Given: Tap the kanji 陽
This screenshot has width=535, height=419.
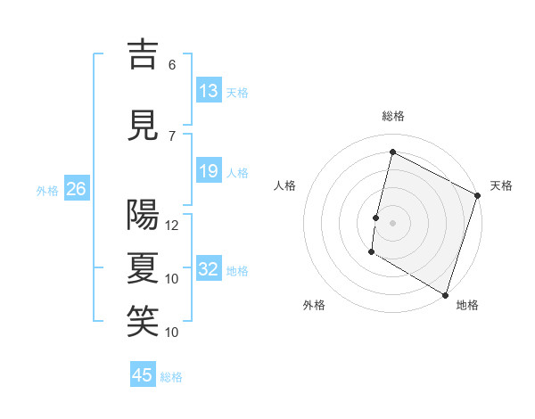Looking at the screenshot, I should [143, 215].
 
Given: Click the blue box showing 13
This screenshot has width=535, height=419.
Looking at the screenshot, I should [209, 91].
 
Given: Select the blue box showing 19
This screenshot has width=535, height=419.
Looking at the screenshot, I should [209, 171].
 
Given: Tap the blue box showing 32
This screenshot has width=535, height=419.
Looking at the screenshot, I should [209, 269].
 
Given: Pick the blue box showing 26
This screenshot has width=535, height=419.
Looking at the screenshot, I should [76, 189].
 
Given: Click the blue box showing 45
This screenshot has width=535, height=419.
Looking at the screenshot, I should [143, 375].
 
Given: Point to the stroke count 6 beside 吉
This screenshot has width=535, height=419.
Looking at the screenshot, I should [172, 64].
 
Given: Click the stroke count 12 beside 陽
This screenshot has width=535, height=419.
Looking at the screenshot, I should [173, 226].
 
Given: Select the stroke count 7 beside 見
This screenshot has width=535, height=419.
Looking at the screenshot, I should [172, 136].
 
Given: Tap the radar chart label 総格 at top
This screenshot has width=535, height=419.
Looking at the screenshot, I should [393, 116].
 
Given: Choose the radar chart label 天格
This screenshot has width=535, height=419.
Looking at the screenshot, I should [501, 185].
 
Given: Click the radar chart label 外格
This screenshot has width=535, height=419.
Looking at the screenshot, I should [314, 305].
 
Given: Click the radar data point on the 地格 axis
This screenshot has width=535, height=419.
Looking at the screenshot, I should [445, 293].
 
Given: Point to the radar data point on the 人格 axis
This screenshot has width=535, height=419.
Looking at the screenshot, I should [376, 218].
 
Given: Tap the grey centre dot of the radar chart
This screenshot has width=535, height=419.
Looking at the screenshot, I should [393, 223].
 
